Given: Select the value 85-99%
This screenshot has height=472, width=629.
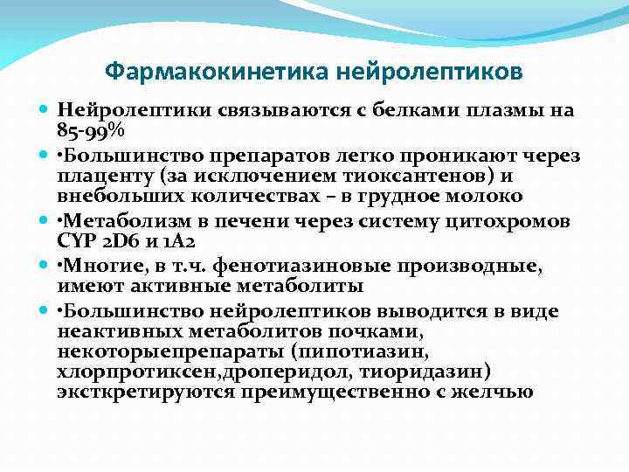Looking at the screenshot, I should (91, 131).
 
